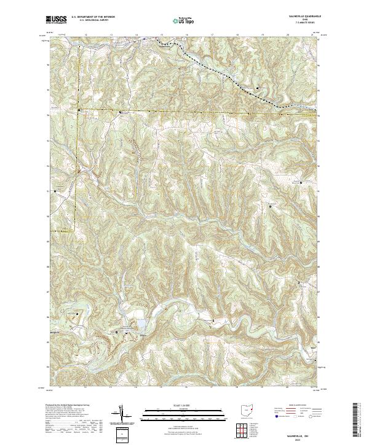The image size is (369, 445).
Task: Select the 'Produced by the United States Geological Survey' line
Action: click(x=68, y=406)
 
